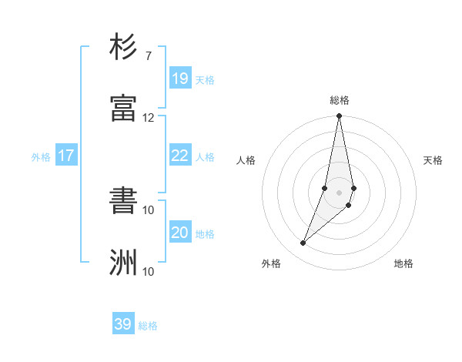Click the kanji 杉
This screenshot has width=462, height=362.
coord(124,48)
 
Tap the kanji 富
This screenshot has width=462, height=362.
coord(124,108)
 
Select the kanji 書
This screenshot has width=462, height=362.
coord(124,202)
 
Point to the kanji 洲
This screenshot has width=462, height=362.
coord(124,263)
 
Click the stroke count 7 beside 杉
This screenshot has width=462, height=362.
coord(149,56)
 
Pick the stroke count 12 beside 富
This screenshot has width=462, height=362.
coord(149,118)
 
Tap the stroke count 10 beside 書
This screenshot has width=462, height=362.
coord(149,210)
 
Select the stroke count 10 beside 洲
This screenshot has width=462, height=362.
coord(149,271)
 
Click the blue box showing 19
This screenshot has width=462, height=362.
coord(180,78)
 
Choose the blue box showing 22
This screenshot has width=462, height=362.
coord(180,156)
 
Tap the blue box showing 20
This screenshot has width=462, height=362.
coord(180,233)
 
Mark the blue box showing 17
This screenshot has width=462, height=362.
coord(66,156)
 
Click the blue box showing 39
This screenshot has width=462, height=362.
coord(123,324)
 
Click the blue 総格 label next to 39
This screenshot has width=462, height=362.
coord(149,326)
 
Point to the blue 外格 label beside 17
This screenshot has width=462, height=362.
coord(41,157)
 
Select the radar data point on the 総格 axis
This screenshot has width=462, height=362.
coord(339,117)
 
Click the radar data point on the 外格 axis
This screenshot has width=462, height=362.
coord(303,243)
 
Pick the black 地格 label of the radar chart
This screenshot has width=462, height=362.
coord(403,264)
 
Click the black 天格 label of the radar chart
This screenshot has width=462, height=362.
coord(433,160)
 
